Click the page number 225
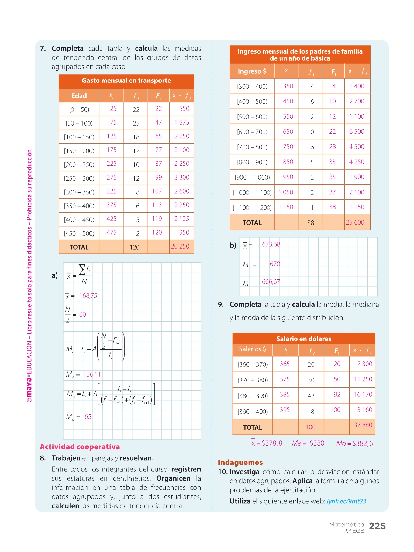click(377, 526)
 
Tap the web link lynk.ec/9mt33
click(346, 501)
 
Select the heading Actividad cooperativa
click(80, 447)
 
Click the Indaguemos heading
click(240, 463)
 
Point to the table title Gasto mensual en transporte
click(126, 81)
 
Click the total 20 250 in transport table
click(180, 246)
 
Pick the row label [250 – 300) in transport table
click(79, 178)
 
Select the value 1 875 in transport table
click(182, 122)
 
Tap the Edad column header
click(79, 96)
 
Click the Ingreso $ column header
click(252, 71)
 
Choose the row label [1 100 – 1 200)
click(252, 208)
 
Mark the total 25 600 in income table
click(355, 222)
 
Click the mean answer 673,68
click(271, 244)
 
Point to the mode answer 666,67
click(271, 282)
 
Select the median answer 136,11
click(92, 374)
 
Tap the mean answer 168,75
click(88, 296)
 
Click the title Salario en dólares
click(303, 339)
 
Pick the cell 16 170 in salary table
click(363, 395)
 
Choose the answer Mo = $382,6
click(354, 444)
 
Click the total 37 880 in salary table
click(363, 425)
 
